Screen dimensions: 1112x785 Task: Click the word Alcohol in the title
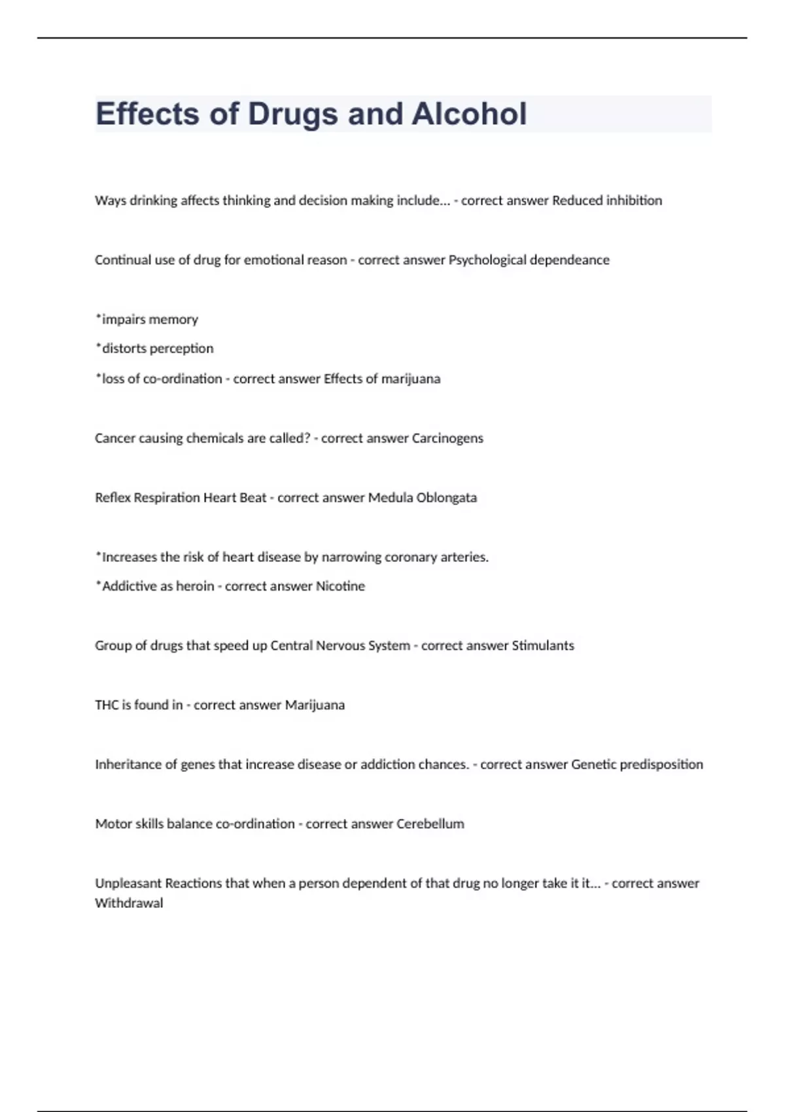click(x=468, y=114)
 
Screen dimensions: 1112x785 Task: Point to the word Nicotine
click(x=340, y=586)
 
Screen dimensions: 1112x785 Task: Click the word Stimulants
click(x=542, y=646)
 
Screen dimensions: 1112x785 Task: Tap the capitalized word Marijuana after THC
click(x=315, y=705)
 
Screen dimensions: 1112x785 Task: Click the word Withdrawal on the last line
click(x=129, y=903)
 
